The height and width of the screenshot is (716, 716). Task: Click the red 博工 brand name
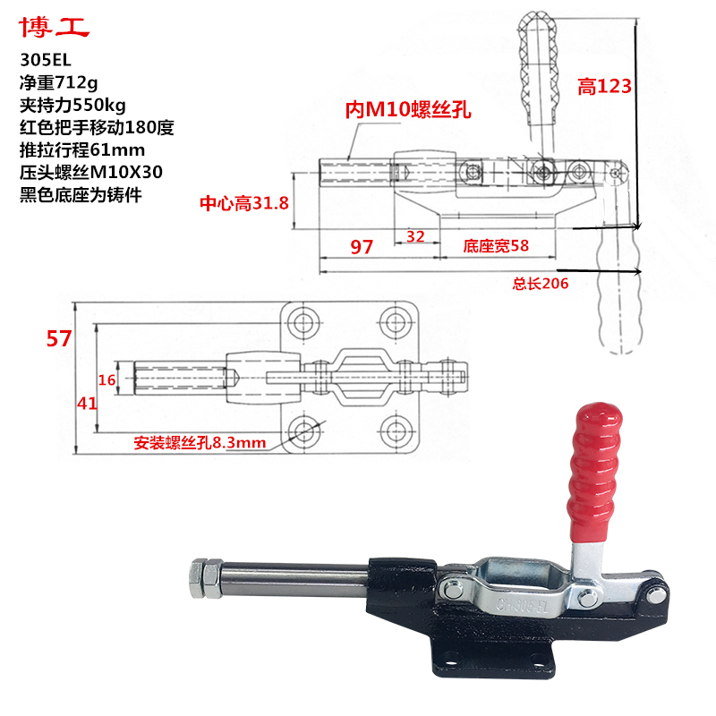click(x=55, y=29)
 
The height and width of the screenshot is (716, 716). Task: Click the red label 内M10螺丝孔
click(x=408, y=109)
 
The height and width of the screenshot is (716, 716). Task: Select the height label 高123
click(x=604, y=86)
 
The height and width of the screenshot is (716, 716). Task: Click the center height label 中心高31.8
click(x=243, y=202)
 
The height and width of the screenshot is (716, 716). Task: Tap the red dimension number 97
click(x=362, y=246)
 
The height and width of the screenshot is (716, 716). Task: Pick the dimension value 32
click(x=415, y=236)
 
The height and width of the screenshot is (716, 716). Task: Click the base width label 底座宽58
click(x=497, y=244)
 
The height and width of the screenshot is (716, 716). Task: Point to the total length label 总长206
click(x=541, y=284)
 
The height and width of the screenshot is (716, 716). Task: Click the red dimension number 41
click(x=86, y=404)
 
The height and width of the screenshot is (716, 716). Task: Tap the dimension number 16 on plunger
click(x=107, y=380)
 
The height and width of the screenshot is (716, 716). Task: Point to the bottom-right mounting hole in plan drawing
click(x=394, y=435)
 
